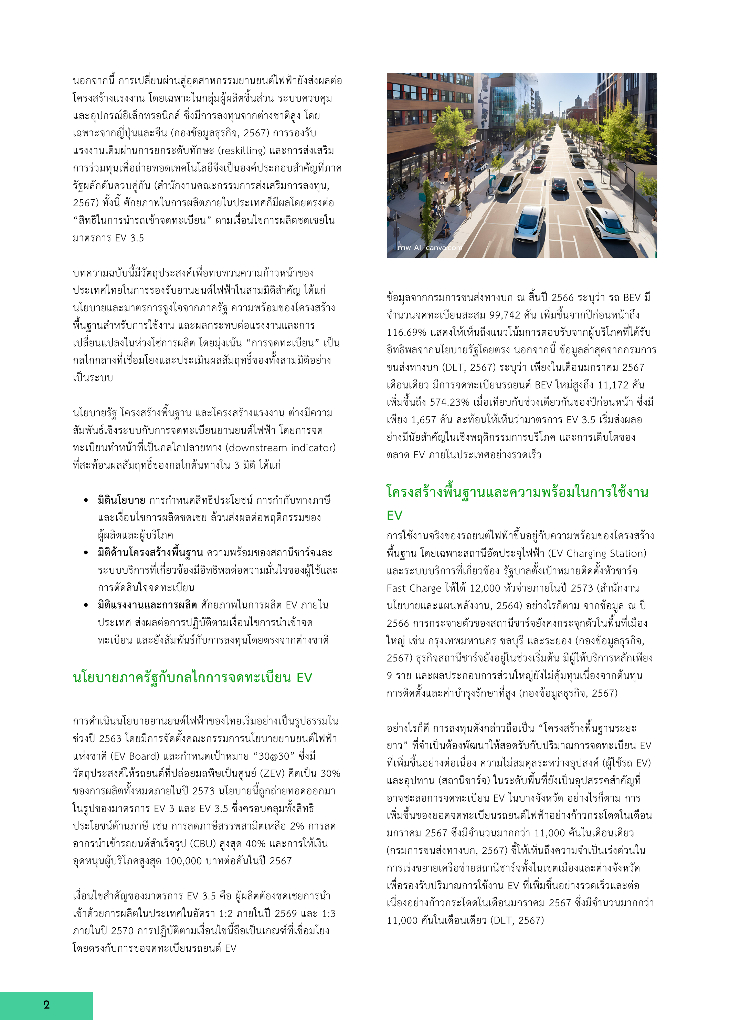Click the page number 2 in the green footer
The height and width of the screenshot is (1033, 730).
click(46, 1005)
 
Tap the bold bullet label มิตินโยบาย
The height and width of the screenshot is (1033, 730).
click(121, 500)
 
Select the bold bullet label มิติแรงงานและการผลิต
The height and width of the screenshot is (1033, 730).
click(147, 605)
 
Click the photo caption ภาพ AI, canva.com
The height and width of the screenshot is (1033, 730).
click(429, 248)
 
